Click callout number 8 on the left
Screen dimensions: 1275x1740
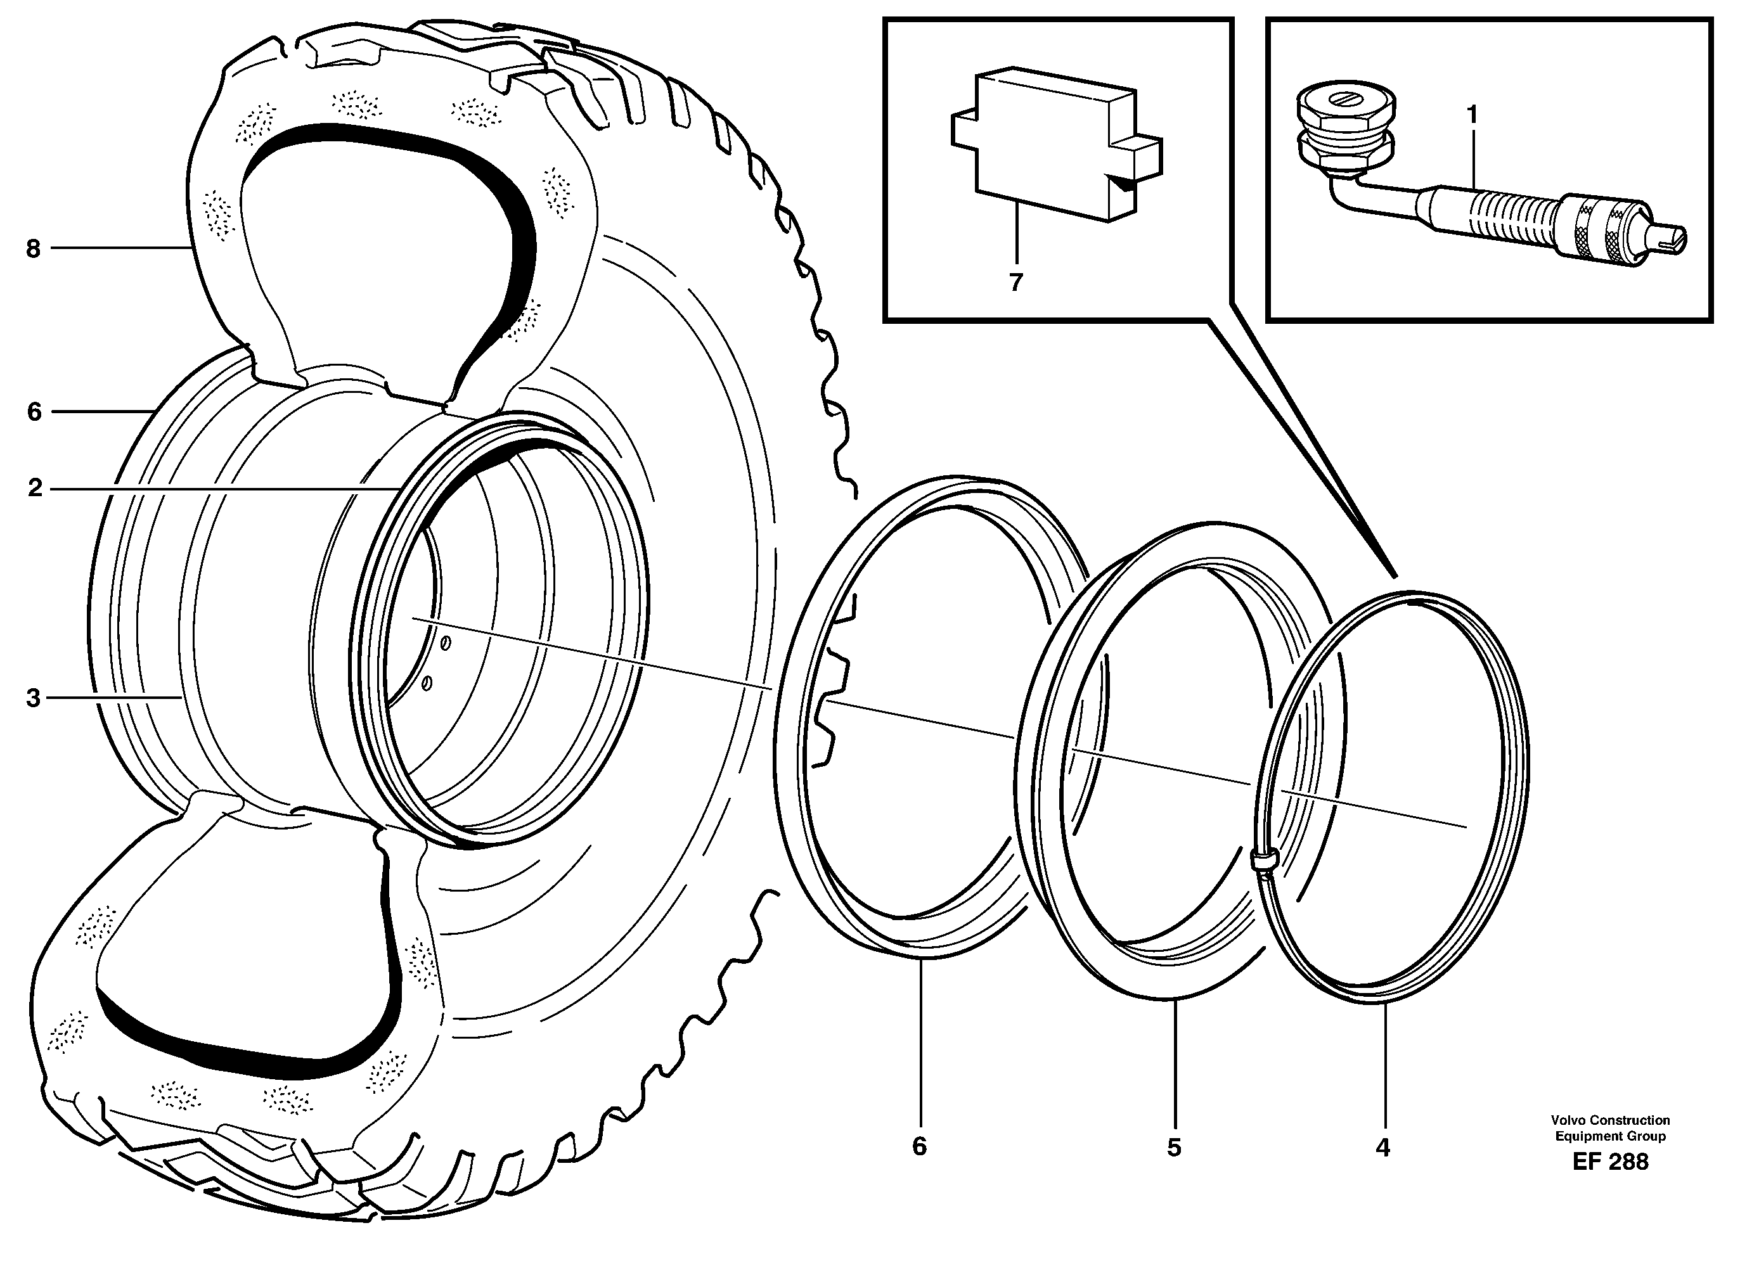click(x=32, y=249)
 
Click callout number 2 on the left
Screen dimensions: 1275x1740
click(x=35, y=489)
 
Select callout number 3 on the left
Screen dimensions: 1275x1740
click(x=32, y=698)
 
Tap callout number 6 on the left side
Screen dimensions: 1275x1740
click(x=34, y=412)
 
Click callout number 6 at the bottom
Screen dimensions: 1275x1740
click(x=918, y=1147)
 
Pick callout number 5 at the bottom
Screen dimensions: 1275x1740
click(x=1173, y=1148)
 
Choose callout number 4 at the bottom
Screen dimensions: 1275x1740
click(x=1382, y=1148)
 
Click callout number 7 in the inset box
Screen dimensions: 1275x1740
click(x=1016, y=283)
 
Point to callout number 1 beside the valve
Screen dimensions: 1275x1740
click(x=1472, y=115)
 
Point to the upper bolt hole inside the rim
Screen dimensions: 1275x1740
click(x=446, y=643)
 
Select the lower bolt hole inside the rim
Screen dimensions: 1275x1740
click(x=427, y=684)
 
